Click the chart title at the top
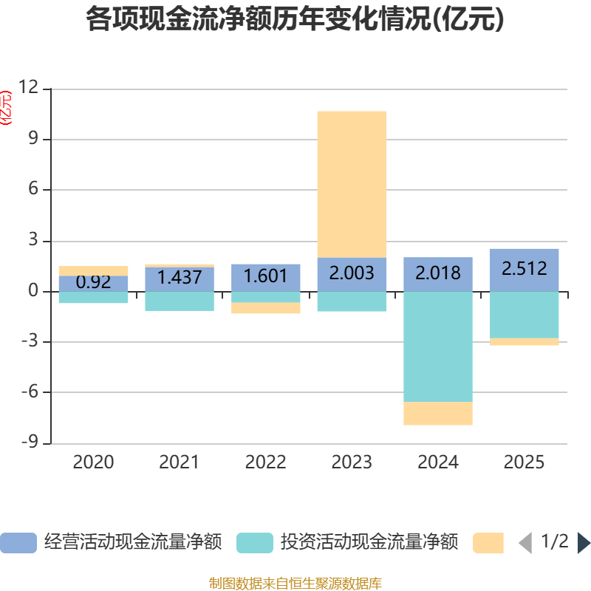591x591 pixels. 295,19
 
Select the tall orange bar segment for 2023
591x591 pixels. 352,184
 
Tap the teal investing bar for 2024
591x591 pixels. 438,346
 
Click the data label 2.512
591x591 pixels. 525,268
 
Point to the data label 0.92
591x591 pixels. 93,281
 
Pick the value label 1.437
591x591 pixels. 180,277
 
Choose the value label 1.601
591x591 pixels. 266,276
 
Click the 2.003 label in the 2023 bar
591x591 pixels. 352,273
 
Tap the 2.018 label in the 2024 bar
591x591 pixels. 438,273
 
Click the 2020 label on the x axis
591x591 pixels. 93,462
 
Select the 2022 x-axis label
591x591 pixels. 266,462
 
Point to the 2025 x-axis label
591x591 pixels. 525,462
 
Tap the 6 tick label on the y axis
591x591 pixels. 33,190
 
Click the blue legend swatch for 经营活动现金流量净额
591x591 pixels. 18,543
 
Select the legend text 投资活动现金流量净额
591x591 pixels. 369,543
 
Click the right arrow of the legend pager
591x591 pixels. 584,543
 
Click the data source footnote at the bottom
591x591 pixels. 295,583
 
